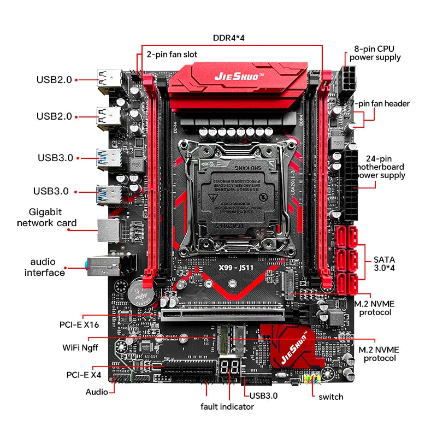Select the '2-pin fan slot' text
(x=172, y=55)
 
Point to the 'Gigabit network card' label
(x=47, y=217)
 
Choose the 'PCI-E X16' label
(x=79, y=324)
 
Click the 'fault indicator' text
(x=227, y=406)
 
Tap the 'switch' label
(x=330, y=397)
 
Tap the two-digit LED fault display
(x=229, y=368)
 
